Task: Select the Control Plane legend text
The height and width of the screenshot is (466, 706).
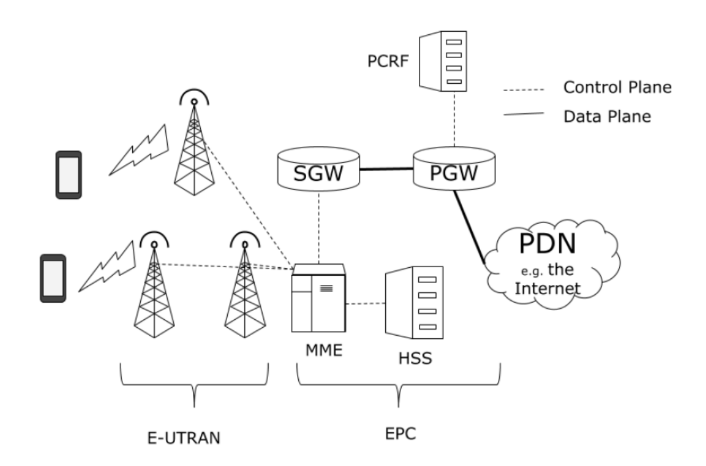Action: click(x=617, y=87)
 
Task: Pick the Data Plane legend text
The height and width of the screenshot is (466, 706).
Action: click(x=607, y=116)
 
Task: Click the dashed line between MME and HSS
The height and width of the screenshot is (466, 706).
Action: click(x=364, y=303)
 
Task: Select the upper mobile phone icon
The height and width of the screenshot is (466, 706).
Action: click(x=68, y=175)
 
